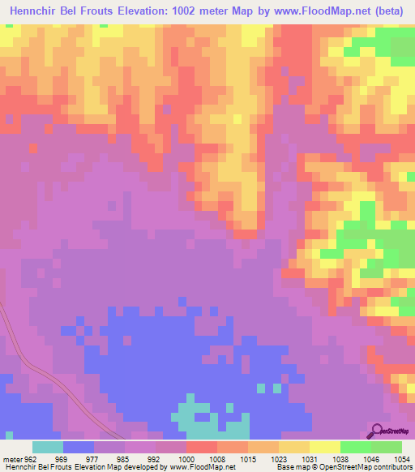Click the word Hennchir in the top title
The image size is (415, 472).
pos(37,12)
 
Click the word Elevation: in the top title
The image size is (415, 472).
pos(141,12)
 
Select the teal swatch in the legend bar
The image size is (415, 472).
pos(48,447)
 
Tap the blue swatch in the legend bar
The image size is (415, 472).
pos(79,447)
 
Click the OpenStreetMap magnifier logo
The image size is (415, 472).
pos(377,430)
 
